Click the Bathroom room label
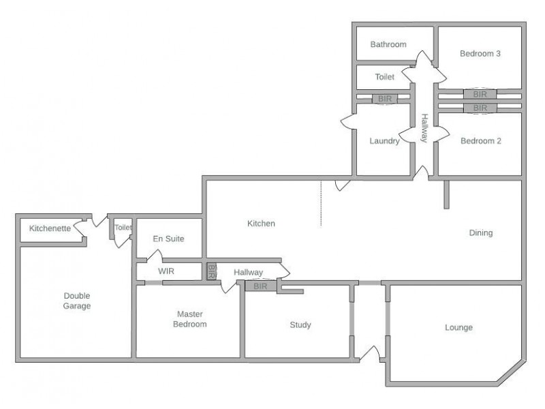click(x=388, y=44)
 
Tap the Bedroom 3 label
click(x=480, y=54)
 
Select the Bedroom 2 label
click(x=480, y=141)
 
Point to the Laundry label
click(x=384, y=141)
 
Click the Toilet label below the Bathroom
click(x=385, y=77)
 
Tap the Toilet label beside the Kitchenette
click(x=123, y=228)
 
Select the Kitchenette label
click(x=46, y=228)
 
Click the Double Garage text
click(x=77, y=301)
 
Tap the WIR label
click(x=166, y=271)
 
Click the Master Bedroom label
click(x=191, y=319)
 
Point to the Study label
click(x=300, y=324)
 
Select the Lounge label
click(x=458, y=327)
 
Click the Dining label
click(x=480, y=233)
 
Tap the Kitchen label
click(x=261, y=223)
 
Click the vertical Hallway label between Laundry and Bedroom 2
click(x=424, y=127)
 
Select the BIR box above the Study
click(x=260, y=286)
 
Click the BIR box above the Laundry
click(x=384, y=99)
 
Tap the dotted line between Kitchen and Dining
click(x=321, y=203)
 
